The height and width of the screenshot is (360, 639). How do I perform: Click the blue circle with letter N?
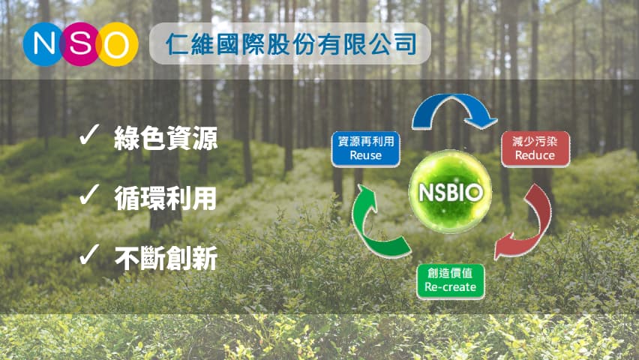coord(43,44)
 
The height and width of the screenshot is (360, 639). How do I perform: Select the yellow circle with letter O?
coord(117,44)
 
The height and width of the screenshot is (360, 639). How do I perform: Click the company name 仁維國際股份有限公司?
coord(291,44)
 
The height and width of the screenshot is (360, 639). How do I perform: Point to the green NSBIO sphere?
coord(450,191)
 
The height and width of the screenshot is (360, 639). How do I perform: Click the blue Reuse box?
coord(365,148)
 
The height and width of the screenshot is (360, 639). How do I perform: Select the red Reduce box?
coord(535,148)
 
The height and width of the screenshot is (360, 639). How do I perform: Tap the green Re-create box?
coord(450,281)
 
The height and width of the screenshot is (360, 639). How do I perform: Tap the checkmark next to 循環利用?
coord(89,194)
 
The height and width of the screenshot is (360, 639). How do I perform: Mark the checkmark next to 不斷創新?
coord(89,254)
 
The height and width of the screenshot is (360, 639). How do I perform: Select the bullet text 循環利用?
coord(165,199)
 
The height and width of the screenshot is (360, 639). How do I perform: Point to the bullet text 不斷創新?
coord(166,258)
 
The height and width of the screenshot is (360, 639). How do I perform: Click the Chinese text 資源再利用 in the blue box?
coord(366,141)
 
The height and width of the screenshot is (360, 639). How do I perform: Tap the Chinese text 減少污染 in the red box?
coord(535,141)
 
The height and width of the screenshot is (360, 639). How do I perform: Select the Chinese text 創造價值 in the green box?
coord(450,273)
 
